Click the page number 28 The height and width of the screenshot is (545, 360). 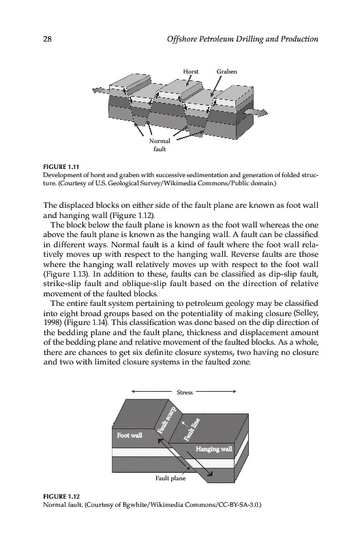[47, 39]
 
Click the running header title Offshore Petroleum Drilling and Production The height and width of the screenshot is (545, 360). [243, 39]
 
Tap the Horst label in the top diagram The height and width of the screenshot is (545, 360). [191, 72]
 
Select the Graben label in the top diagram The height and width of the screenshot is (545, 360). [226, 72]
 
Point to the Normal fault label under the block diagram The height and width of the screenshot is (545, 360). [160, 145]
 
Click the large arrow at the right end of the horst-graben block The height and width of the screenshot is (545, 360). [256, 113]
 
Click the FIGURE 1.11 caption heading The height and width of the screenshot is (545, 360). [61, 167]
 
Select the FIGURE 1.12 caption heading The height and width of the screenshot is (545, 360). [61, 496]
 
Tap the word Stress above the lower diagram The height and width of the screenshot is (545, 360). [185, 392]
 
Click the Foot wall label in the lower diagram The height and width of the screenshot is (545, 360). [130, 435]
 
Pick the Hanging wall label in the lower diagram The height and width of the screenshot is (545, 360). [213, 449]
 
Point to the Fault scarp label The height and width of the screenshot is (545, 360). [166, 420]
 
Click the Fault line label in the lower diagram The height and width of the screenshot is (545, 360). [192, 429]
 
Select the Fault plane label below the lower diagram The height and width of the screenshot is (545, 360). [170, 478]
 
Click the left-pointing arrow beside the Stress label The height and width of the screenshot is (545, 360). [152, 392]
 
